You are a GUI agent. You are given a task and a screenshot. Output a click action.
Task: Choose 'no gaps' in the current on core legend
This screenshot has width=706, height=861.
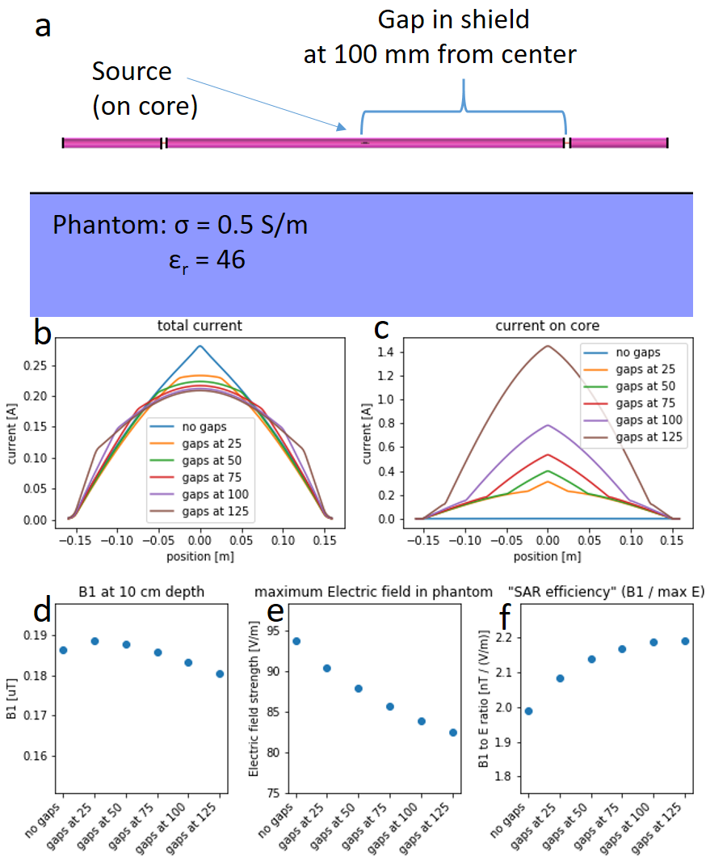pos(637,352)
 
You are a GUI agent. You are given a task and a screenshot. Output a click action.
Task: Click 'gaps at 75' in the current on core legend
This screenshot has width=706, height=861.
pos(647,403)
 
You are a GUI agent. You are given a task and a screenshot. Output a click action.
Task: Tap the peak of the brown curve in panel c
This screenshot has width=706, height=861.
pos(548,346)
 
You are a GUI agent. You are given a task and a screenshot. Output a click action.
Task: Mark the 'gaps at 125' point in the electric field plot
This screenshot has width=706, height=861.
pos(453,732)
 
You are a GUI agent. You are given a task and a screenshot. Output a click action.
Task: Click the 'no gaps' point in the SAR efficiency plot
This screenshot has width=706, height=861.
pos(528,711)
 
